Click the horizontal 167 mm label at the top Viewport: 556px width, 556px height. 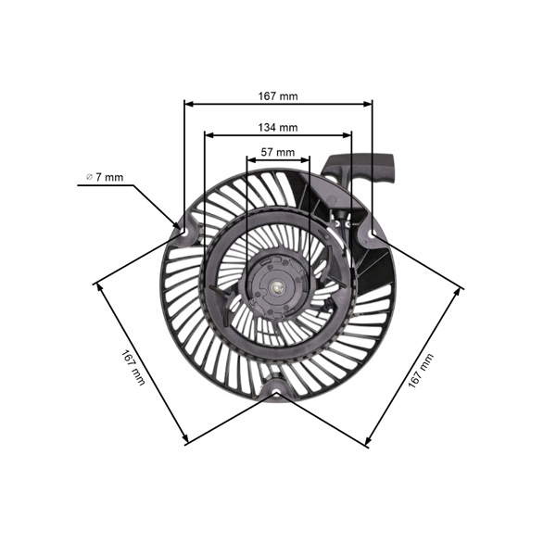click(x=278, y=95)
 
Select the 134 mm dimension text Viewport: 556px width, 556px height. click(x=278, y=127)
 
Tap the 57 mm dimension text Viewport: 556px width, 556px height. click(x=278, y=151)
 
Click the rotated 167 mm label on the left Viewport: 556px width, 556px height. click(x=133, y=367)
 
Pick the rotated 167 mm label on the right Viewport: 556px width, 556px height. click(x=421, y=368)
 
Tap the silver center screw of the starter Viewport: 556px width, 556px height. click(x=277, y=287)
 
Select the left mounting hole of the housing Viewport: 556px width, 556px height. click(x=183, y=226)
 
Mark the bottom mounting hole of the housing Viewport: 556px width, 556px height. click(x=277, y=390)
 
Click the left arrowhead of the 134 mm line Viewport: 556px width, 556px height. click(x=208, y=134)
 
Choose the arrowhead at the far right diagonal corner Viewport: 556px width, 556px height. click(x=459, y=285)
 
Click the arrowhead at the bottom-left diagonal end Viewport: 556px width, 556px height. click(x=188, y=441)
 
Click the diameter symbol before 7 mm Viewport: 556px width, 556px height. click(x=89, y=176)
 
